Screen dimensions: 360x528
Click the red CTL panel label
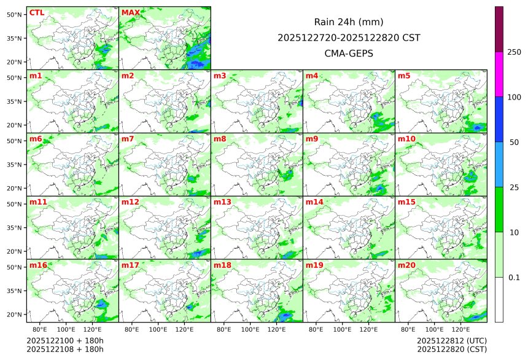pos(36,13)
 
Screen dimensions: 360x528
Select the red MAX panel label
pos(130,13)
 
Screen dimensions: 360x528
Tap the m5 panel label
pos(404,76)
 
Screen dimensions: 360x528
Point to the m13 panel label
pos(222,202)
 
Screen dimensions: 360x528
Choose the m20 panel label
pos(406,265)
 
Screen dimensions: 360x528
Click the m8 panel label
pos(220,139)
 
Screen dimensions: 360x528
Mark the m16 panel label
pos(38,265)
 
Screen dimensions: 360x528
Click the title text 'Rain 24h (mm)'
pos(349,22)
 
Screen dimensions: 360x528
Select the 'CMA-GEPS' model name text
pos(349,53)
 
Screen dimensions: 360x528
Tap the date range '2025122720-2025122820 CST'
pos(349,37)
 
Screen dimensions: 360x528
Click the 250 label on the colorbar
pos(514,52)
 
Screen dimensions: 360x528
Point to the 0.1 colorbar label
pos(514,278)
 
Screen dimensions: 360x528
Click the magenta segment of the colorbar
pos(499,74)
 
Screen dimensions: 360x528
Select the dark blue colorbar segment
pos(499,119)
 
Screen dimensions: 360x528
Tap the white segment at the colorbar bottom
pos(499,299)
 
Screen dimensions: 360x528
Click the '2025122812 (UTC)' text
pos(451,340)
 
